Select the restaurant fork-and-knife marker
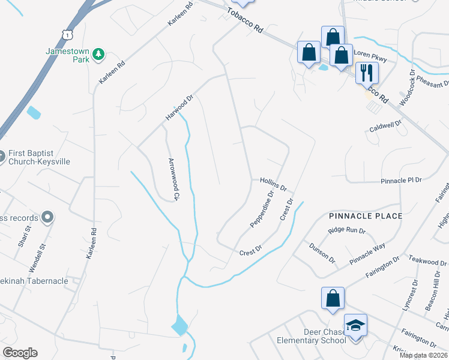pyautogui.click(x=366, y=73)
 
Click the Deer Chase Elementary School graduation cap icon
pyautogui.click(x=355, y=326)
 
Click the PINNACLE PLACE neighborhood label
pyautogui.click(x=365, y=215)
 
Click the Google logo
pyautogui.click(x=20, y=352)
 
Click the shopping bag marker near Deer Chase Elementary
pyautogui.click(x=333, y=298)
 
